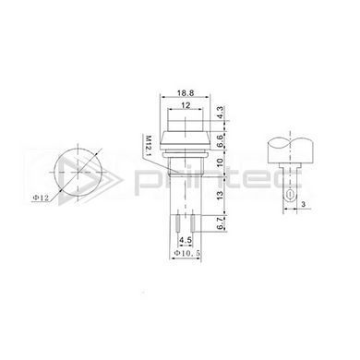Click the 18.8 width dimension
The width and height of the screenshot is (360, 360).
coord(186,92)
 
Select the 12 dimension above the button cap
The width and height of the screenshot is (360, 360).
coord(186,105)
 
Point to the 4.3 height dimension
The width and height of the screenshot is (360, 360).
coord(220,113)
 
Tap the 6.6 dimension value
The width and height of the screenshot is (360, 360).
coord(220,141)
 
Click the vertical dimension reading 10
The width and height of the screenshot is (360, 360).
coord(220,162)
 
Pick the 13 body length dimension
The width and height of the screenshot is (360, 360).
coord(220,195)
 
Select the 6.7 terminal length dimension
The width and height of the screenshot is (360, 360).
coord(220,222)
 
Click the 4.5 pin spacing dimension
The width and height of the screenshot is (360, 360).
coord(186,240)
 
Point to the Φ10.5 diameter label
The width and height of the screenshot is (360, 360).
coord(187,253)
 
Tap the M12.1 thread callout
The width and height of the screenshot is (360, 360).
coord(149,146)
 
